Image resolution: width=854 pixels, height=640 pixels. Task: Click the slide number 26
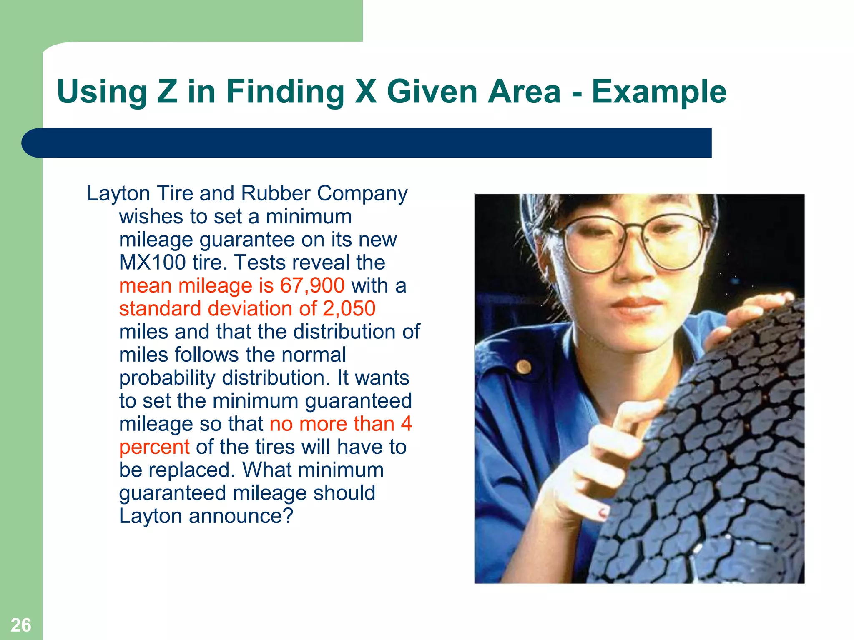click(x=21, y=625)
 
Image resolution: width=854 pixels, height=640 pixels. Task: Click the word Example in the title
click(x=659, y=92)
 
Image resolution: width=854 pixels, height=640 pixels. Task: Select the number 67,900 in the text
click(x=312, y=286)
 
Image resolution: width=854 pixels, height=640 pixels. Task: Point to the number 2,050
click(x=349, y=309)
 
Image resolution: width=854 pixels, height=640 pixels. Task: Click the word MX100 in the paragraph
click(x=152, y=263)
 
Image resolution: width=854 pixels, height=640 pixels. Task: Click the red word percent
click(x=154, y=447)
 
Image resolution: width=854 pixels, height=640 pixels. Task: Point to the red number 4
click(x=406, y=424)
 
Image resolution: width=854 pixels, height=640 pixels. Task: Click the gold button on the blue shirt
click(x=524, y=367)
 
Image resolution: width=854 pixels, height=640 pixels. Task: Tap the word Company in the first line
click(x=362, y=194)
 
